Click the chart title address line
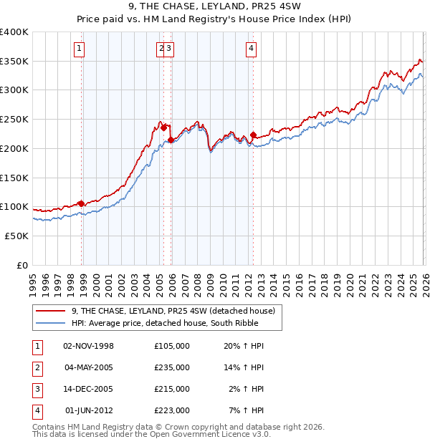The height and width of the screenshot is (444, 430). [215, 8]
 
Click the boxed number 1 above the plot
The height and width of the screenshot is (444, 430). [78, 49]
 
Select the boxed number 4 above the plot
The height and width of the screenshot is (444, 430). [251, 49]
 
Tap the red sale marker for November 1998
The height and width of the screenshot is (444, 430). [81, 203]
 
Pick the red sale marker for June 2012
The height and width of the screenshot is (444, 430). [253, 135]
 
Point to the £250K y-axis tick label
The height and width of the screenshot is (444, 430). [14, 120]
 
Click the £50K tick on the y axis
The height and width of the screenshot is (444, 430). [16, 236]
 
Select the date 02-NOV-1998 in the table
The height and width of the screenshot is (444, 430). [89, 346]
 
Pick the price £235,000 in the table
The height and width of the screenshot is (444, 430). [172, 367]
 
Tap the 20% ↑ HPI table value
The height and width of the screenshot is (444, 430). [244, 346]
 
